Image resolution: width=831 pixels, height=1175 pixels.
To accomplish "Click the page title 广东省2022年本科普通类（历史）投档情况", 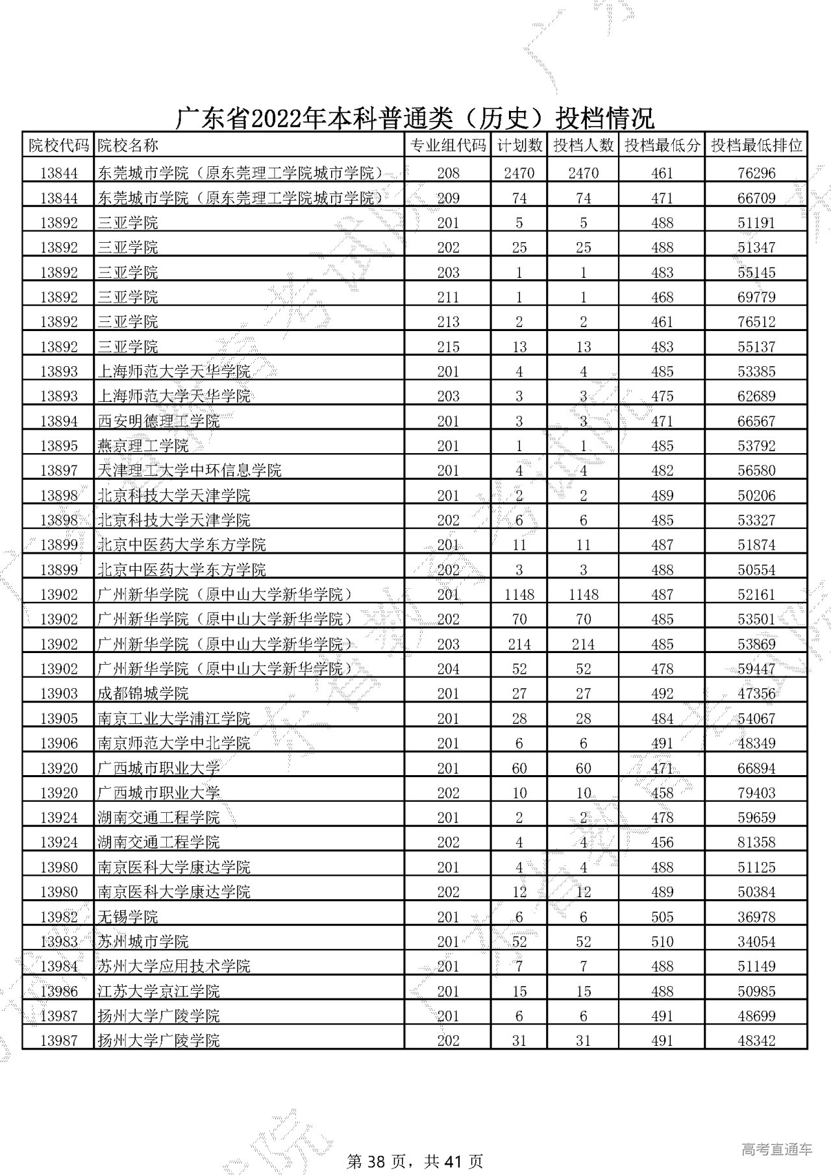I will [415, 119].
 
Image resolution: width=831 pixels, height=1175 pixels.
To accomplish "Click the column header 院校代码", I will [58, 145].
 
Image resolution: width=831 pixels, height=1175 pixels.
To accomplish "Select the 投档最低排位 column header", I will [756, 145].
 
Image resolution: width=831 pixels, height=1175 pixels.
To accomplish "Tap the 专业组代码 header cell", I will [448, 145].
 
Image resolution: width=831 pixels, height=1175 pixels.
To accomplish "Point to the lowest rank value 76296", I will [756, 173].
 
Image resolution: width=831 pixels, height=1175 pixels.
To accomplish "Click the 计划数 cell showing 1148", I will [519, 595].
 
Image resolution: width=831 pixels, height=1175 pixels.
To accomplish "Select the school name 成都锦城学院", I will [143, 694].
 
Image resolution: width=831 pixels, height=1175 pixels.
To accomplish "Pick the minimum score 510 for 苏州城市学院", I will [662, 942].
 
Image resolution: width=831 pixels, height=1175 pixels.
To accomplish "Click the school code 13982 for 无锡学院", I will [58, 917].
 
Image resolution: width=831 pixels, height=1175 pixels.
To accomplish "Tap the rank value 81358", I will [756, 843].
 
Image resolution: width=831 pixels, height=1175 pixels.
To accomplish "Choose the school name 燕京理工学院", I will [143, 446].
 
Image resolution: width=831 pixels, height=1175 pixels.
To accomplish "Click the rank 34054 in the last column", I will [756, 942].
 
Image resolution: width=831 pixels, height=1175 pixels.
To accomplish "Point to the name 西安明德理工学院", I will [158, 421].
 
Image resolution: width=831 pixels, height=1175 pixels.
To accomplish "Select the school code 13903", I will [58, 694].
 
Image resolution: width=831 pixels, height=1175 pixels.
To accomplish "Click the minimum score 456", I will [662, 843].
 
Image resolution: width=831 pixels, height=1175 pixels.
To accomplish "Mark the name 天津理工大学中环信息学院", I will [189, 471].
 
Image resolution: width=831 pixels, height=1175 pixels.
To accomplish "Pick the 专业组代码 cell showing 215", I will [448, 347].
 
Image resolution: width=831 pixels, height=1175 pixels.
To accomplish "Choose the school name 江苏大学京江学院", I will [158, 991].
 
